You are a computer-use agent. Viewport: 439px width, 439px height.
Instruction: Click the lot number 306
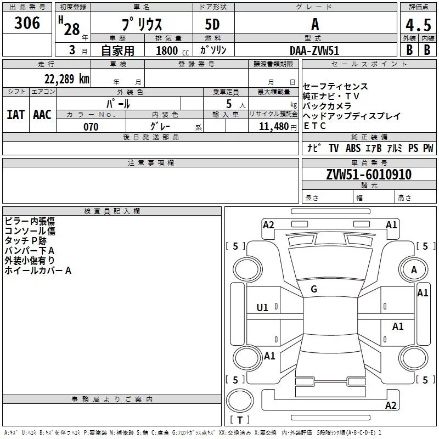pos(27,23)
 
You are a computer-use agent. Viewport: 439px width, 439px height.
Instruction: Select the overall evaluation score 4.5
pos(418,26)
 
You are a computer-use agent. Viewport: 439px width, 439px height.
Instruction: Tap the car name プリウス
pos(141,25)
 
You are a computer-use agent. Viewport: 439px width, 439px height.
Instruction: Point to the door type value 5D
pos(212,25)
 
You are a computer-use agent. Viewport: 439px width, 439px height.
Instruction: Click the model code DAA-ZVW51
pos(314,50)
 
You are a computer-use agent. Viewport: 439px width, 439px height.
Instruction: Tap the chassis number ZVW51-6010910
pos(368,175)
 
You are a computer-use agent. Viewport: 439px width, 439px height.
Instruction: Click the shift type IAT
pos(15,114)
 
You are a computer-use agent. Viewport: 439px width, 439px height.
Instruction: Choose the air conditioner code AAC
pos(42,114)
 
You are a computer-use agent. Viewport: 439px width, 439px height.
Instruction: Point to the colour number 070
pos(91,127)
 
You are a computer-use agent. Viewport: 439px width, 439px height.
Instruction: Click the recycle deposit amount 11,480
pos(269,127)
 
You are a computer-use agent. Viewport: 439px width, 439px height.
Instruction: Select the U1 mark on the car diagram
pos(262,308)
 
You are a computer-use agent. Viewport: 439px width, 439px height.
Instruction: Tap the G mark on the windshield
pos(314,289)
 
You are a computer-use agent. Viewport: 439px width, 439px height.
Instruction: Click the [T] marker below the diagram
pos(239,420)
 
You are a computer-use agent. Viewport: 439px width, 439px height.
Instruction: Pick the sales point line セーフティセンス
pos(335,87)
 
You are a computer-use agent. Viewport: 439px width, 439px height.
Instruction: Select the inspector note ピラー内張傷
pos(30,221)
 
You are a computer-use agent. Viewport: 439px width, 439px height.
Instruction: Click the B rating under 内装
pos(427,49)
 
